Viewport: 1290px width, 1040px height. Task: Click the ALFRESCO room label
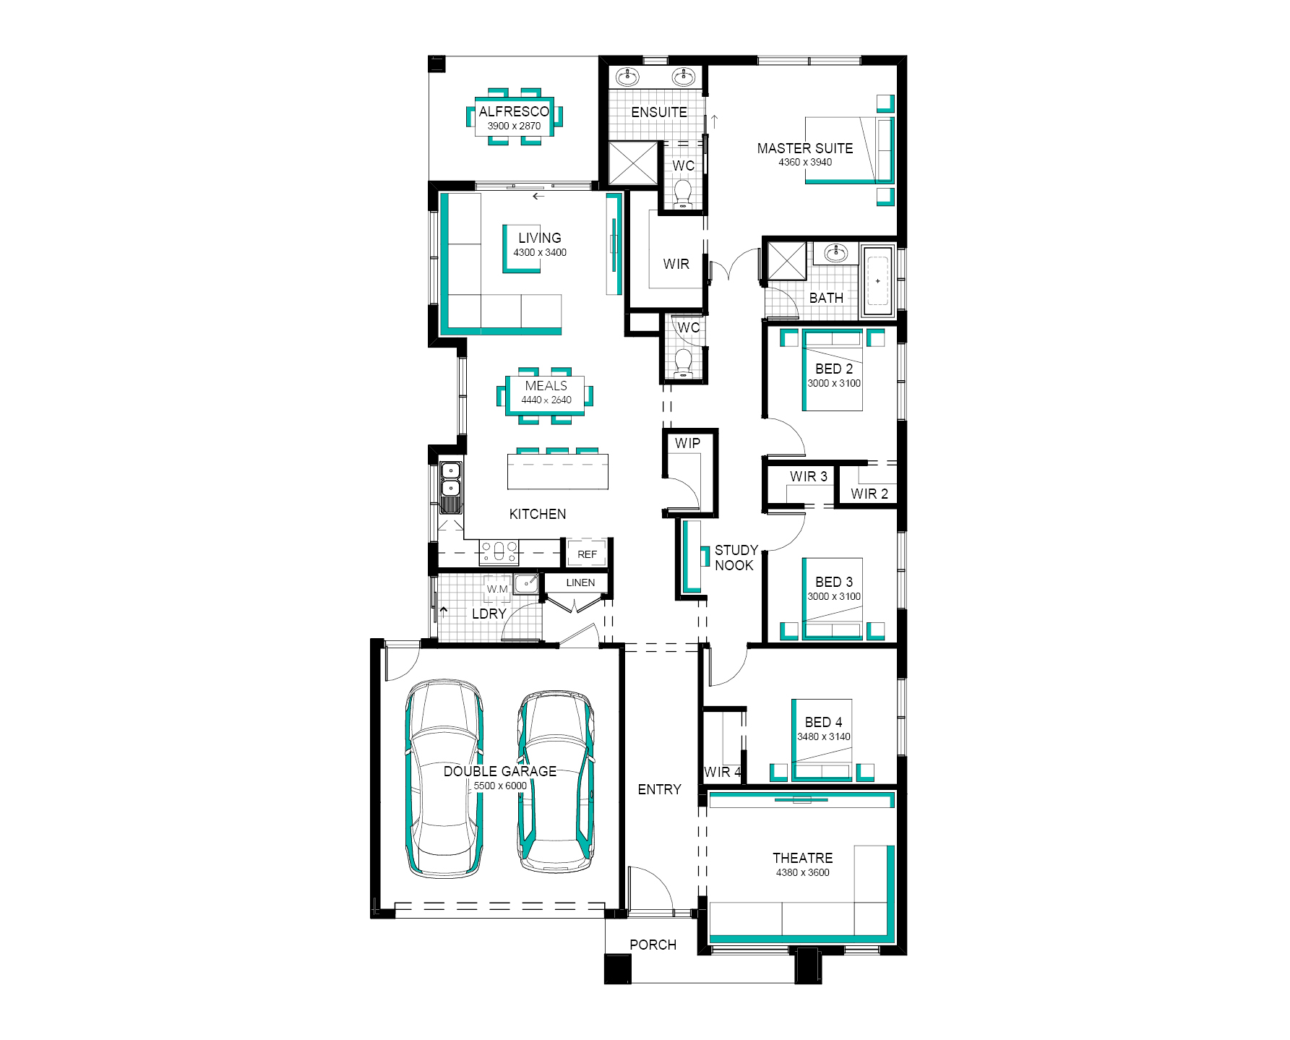(x=514, y=112)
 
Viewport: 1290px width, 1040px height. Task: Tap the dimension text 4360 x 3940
(x=805, y=163)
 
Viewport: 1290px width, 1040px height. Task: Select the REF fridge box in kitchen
(x=588, y=554)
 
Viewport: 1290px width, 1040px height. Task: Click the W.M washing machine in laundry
(x=497, y=588)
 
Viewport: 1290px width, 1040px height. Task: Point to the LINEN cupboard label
(x=581, y=583)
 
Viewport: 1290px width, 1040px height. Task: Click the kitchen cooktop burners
(x=499, y=552)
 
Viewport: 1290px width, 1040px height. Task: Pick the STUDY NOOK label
(x=736, y=558)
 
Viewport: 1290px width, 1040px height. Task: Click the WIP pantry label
(x=687, y=443)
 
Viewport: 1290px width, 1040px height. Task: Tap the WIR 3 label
(x=809, y=477)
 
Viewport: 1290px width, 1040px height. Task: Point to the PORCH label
(x=653, y=945)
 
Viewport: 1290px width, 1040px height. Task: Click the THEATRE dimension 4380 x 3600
(x=803, y=872)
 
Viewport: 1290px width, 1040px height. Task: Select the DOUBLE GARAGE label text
(x=500, y=771)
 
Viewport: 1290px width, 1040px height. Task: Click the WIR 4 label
(x=723, y=772)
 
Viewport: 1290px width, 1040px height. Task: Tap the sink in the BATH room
(x=838, y=253)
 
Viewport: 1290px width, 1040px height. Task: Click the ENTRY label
(x=660, y=790)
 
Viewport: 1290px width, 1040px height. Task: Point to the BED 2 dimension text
(x=835, y=383)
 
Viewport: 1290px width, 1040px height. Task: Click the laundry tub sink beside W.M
(x=526, y=583)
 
